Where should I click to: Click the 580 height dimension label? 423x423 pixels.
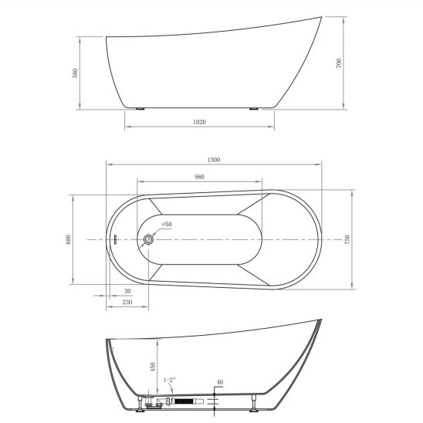(76, 73)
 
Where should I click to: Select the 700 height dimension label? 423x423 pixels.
(339, 63)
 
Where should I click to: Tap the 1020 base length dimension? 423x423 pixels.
(199, 122)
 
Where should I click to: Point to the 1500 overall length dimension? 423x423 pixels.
(214, 160)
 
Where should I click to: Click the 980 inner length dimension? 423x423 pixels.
(199, 177)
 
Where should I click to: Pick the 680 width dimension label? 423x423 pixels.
(69, 239)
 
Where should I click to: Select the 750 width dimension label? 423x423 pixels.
(347, 239)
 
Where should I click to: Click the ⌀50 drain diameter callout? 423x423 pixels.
(167, 224)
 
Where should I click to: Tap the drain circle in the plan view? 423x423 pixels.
(148, 239)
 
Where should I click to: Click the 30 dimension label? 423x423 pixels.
(127, 291)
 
